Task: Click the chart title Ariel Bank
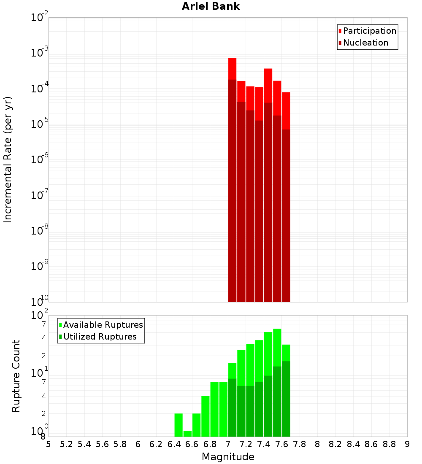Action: [x=211, y=7]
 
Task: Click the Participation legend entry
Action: [x=369, y=31]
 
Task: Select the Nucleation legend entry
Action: [x=365, y=43]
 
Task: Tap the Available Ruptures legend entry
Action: [x=103, y=325]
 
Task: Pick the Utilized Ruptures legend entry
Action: [x=100, y=337]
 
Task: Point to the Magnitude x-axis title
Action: [x=228, y=457]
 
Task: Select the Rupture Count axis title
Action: [x=16, y=376]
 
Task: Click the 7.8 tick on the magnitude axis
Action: [x=300, y=444]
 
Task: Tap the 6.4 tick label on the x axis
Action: [x=174, y=444]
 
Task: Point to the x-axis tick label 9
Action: [x=407, y=444]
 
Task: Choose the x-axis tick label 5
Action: [x=49, y=444]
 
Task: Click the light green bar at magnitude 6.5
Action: [x=187, y=434]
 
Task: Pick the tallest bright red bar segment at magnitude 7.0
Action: [x=232, y=68]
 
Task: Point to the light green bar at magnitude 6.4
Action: [x=179, y=425]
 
